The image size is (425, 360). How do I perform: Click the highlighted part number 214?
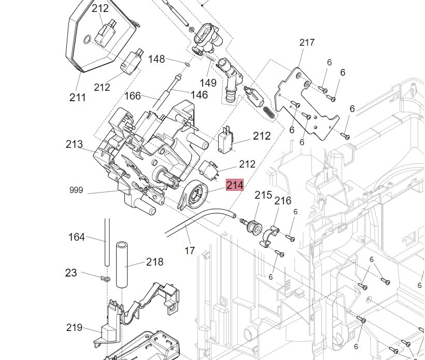coord(235,185)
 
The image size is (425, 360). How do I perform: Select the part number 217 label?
coord(307,43)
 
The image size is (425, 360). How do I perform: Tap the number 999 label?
coord(76,190)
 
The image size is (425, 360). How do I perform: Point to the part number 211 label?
coord(78,97)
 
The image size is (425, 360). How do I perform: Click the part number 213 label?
coord(74,144)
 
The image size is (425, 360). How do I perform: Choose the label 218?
coord(154,262)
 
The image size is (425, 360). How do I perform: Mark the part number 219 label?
coord(74,327)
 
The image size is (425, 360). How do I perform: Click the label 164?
coord(77,237)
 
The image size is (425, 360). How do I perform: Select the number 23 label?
coord(71,273)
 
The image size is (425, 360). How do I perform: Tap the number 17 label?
coord(190,251)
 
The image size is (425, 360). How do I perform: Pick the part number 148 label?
coord(157,59)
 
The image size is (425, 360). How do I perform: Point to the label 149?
coord(208,83)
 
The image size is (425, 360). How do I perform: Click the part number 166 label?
coord(133,96)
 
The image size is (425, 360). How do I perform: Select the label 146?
coord(199,94)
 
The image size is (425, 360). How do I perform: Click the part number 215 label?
coord(263,195)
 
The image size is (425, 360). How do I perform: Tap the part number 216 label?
coord(282,201)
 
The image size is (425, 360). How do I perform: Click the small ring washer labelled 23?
coord(105,280)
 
